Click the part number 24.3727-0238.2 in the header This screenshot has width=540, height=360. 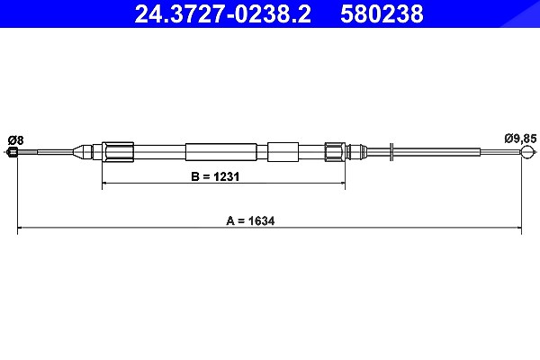pyautogui.click(x=222, y=14)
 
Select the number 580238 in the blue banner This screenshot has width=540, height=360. pyautogui.click(x=382, y=14)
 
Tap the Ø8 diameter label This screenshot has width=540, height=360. pyautogui.click(x=16, y=140)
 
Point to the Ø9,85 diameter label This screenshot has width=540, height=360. pyautogui.click(x=520, y=139)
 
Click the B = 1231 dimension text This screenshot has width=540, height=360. pyautogui.click(x=215, y=176)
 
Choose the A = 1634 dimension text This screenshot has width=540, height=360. pyautogui.click(x=250, y=220)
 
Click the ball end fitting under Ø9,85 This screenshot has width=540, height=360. pyautogui.click(x=527, y=152)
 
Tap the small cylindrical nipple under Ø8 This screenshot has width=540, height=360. pyautogui.click(x=12, y=152)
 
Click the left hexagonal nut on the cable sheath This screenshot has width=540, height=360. pyautogui.click(x=118, y=152)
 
